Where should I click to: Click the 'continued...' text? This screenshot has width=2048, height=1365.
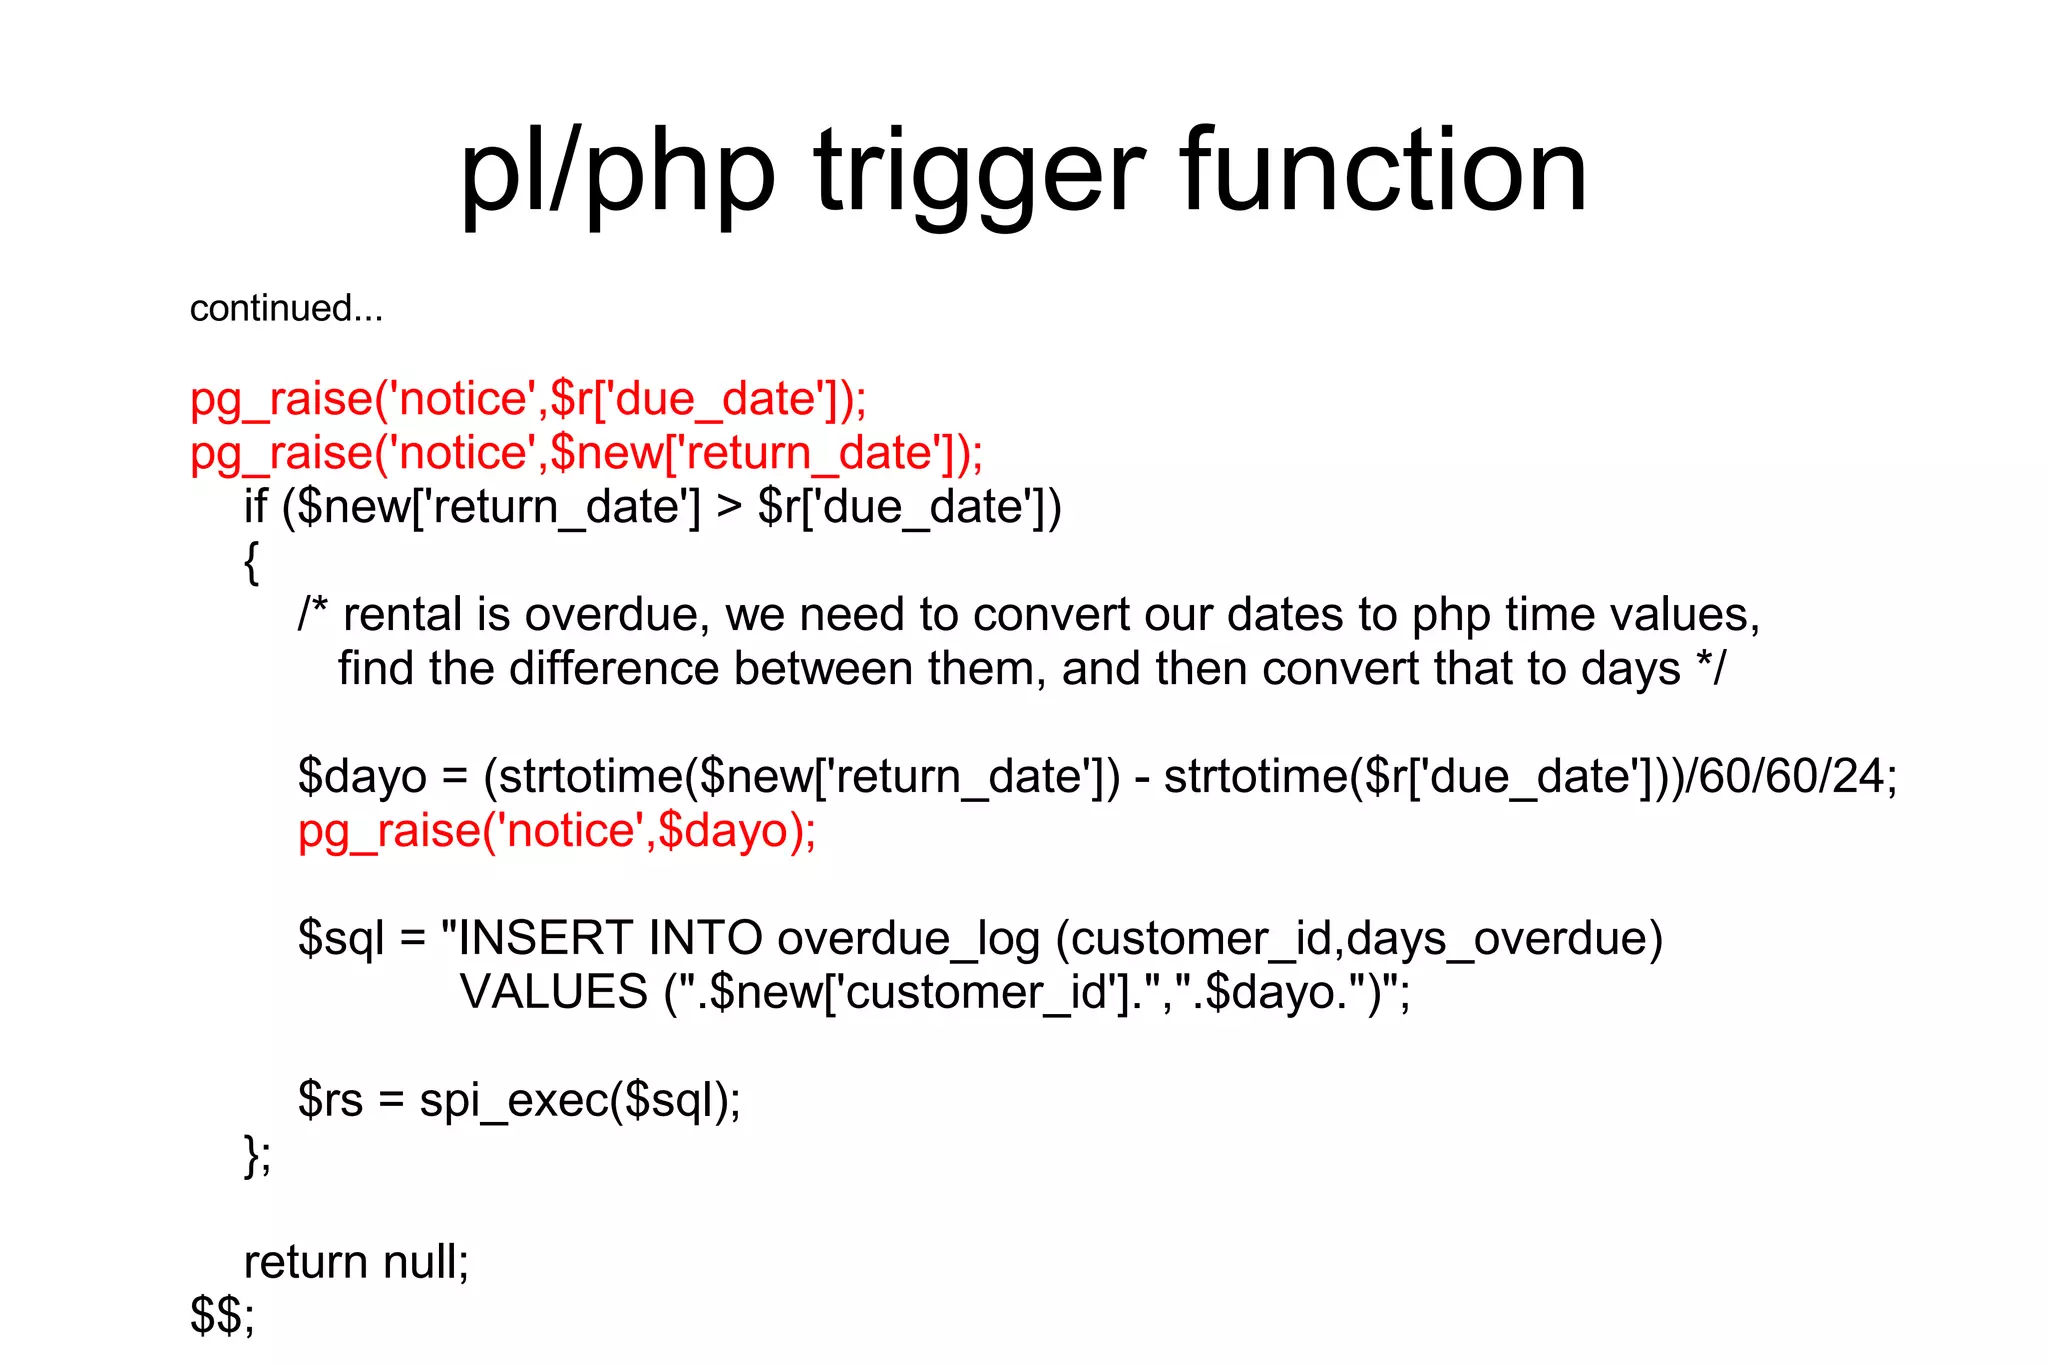coord(286,308)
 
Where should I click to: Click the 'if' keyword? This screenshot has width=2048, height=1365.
coord(255,506)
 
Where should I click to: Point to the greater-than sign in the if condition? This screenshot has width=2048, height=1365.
coord(729,508)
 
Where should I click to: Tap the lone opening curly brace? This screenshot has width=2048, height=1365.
coord(251,562)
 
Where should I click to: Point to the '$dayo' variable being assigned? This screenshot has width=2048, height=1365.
coord(362,777)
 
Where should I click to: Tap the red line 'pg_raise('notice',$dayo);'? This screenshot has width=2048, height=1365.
coord(557,831)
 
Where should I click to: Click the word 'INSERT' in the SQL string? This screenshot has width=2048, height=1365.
coord(545,938)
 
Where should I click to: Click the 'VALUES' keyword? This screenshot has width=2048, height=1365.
coord(553,992)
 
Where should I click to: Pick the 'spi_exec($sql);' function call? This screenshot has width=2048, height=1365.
coord(580,1101)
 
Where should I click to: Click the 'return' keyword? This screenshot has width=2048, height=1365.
coord(306,1262)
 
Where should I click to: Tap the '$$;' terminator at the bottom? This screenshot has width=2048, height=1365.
coord(222,1316)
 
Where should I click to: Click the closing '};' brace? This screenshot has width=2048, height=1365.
coord(257,1155)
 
